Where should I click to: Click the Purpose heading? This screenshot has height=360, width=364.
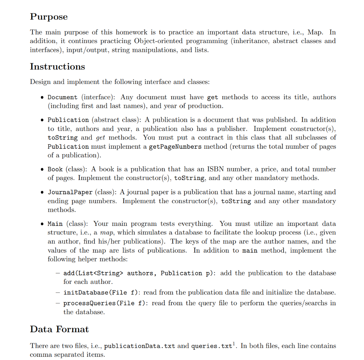(49, 17)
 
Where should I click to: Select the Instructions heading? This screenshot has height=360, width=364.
(57, 67)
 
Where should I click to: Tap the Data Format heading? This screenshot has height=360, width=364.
(59, 329)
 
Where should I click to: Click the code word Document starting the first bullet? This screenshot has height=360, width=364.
(63, 97)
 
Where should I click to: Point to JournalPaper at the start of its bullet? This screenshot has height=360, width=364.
(70, 192)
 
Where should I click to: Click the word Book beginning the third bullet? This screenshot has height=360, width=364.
(55, 170)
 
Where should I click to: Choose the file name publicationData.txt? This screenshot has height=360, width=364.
(139, 346)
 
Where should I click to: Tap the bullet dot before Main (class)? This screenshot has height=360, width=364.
(42, 224)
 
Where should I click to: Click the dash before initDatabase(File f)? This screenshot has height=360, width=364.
(57, 293)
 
